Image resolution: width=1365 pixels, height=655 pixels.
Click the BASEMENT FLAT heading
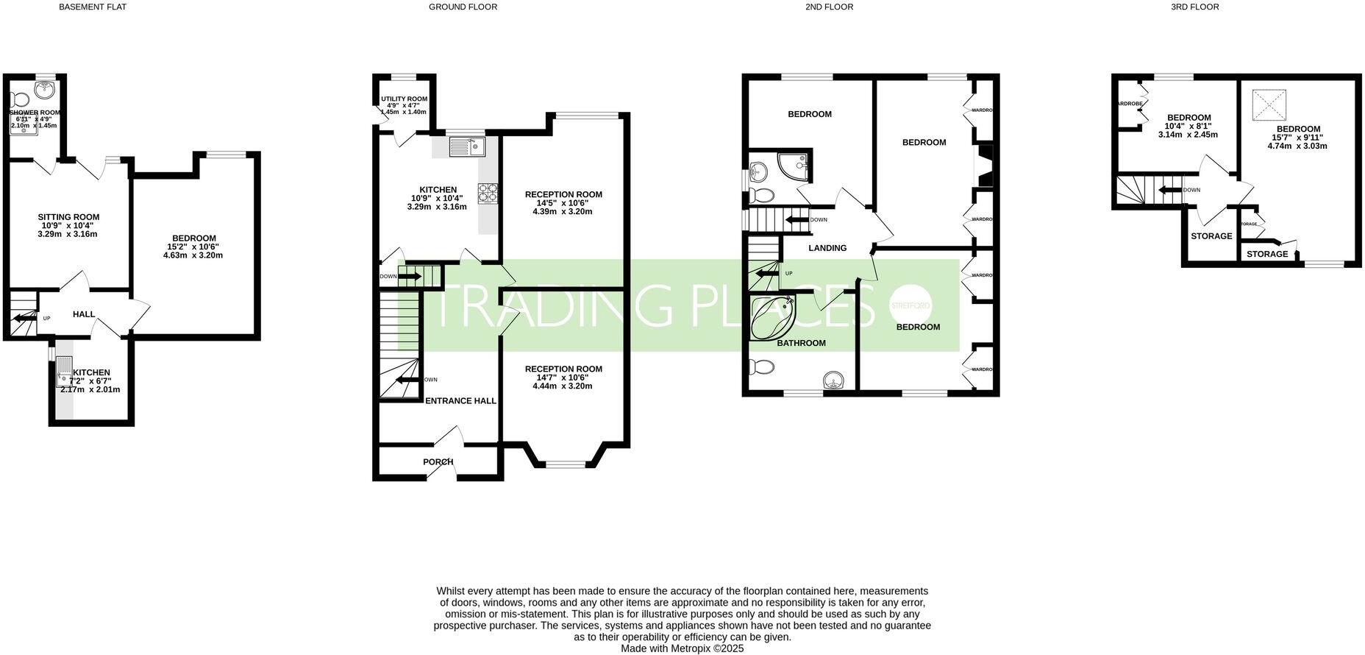[x=93, y=7]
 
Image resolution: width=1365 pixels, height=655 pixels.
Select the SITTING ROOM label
[x=68, y=217]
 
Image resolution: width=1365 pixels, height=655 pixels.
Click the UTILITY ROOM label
[x=404, y=99]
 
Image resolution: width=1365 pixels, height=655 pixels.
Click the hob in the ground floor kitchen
[x=488, y=193]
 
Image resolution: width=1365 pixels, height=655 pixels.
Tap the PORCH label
[x=438, y=462]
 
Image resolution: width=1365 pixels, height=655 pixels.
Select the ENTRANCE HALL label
[x=461, y=401]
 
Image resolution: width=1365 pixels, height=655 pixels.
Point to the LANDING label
[x=827, y=248]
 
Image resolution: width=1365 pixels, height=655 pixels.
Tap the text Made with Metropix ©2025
[x=682, y=648]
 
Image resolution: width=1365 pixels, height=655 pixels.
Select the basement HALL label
[x=84, y=314]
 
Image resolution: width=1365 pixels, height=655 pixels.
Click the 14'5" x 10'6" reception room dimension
[x=563, y=203]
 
